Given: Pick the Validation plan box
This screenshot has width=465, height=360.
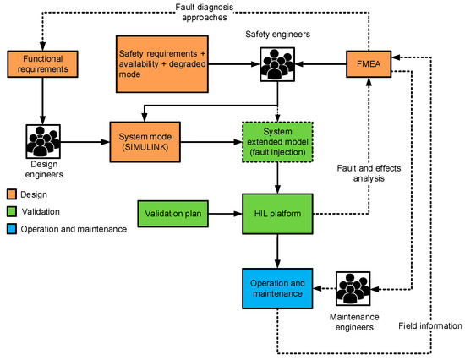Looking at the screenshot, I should click(172, 214).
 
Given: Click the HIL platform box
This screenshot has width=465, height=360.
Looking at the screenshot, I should click(277, 214).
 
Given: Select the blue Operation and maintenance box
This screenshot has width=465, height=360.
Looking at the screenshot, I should click(277, 287).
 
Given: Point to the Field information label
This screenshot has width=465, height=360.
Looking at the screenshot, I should click(430, 325).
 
